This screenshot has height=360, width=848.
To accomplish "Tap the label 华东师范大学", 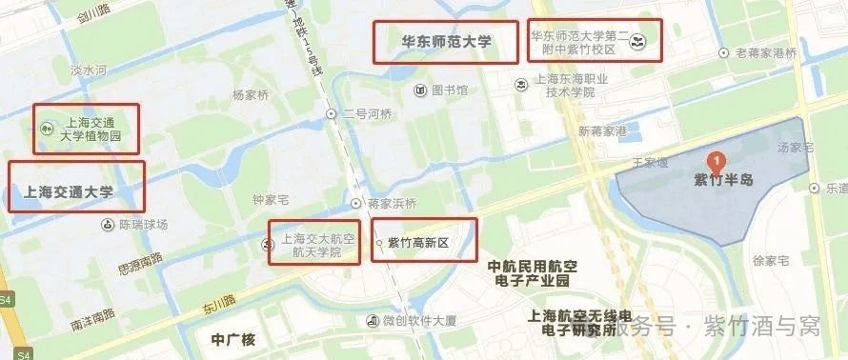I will [446, 42].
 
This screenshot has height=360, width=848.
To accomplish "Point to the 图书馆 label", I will [449, 90].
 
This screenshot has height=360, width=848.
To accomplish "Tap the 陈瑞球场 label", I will [143, 225].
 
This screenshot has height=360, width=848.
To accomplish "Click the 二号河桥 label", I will [367, 114].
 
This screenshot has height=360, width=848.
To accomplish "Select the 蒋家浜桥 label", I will [392, 203].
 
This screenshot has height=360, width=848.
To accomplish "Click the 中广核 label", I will [233, 339].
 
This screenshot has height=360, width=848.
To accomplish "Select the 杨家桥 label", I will [252, 95].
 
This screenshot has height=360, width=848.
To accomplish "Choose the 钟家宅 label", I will [271, 199].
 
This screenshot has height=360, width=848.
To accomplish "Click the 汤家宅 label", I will [795, 148].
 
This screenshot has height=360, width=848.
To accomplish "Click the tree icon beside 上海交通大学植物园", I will [45, 129].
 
